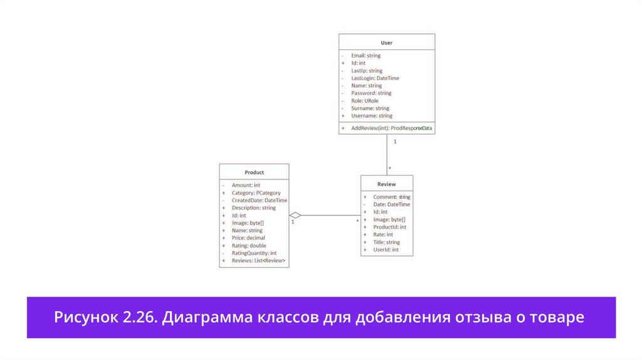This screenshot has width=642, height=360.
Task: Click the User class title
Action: click(386, 43)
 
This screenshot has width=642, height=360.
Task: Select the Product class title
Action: click(254, 172)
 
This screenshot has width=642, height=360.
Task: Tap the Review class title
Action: click(386, 184)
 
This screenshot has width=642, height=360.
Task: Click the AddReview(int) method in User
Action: click(391, 128)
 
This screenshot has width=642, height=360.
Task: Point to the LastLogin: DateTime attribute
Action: click(375, 78)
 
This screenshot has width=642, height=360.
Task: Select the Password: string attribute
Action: click(371, 93)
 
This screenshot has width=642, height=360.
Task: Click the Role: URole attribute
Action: click(365, 101)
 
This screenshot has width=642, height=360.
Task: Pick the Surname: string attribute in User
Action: click(370, 109)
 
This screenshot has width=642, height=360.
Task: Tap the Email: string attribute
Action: click(366, 56)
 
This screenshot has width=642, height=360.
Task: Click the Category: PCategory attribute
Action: click(256, 193)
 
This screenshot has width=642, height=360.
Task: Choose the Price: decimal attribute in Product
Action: click(248, 238)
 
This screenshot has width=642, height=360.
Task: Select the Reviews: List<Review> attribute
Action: click(258, 260)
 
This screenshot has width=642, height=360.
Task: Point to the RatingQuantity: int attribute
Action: click(254, 253)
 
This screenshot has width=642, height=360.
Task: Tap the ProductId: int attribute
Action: click(390, 227)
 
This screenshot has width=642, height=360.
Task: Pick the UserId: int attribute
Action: click(386, 250)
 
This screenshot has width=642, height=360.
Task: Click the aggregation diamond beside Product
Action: click(295, 215)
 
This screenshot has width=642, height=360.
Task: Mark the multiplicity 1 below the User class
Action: click(395, 141)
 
